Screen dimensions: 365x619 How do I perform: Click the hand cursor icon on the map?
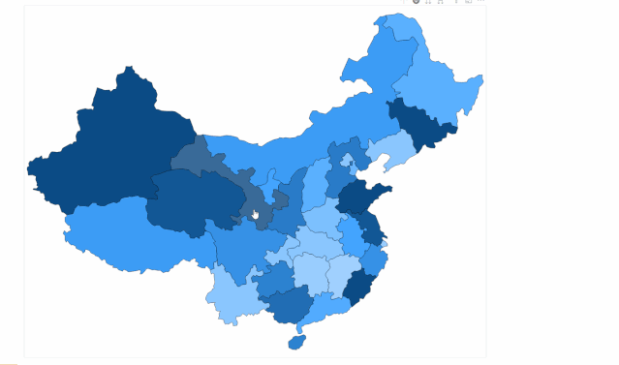(256, 215)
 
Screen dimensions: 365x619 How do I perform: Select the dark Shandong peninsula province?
(360, 199)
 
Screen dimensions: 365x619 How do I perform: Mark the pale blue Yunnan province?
(232, 294)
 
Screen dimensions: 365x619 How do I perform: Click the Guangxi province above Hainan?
(286, 304)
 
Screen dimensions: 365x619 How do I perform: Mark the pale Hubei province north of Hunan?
(315, 242)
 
